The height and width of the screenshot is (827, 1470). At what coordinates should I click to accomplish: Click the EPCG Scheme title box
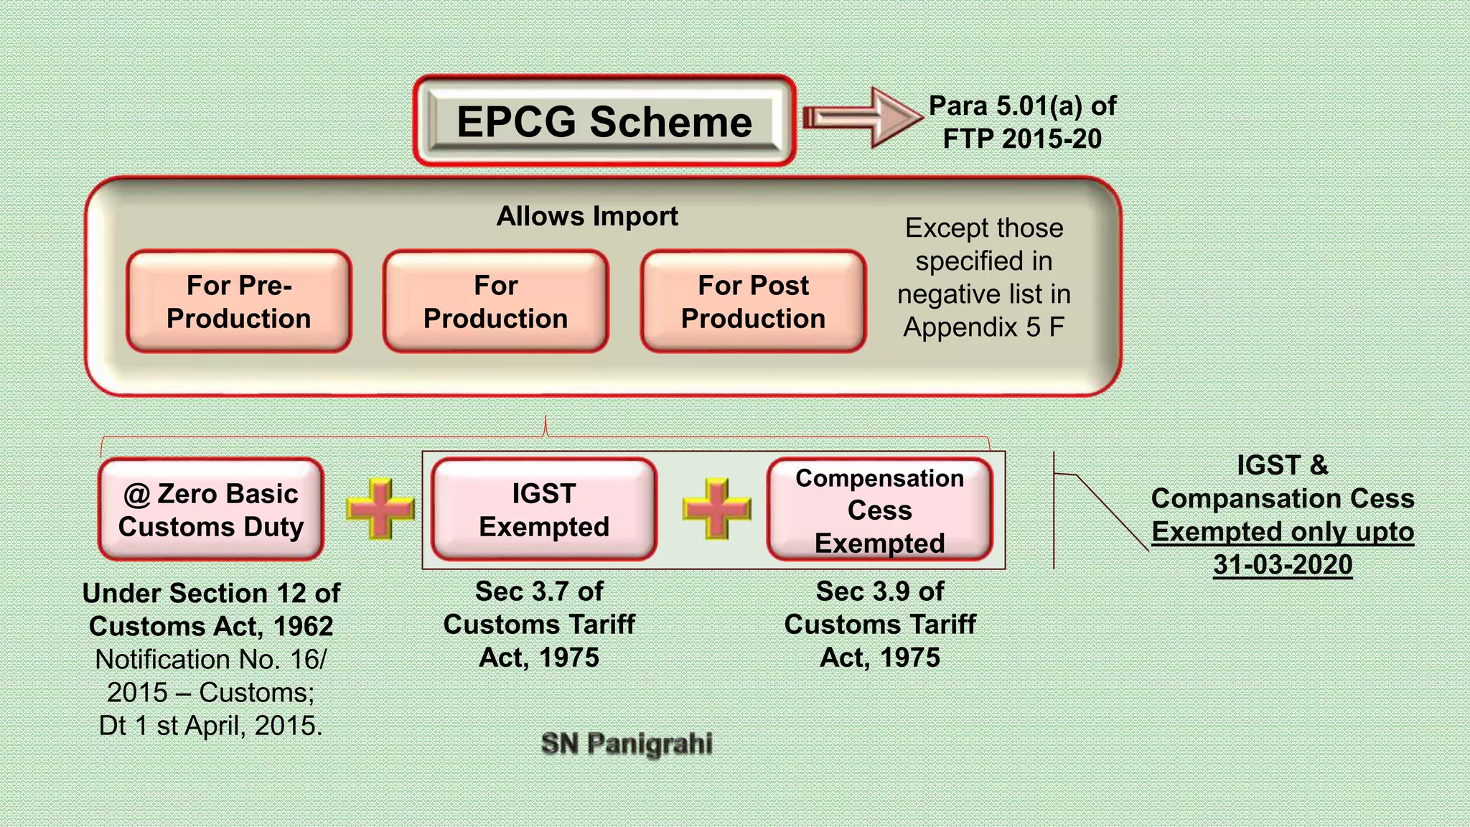tap(604, 121)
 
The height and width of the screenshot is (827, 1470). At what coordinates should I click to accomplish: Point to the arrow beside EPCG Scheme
tap(861, 118)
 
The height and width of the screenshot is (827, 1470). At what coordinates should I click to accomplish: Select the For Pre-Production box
tap(239, 302)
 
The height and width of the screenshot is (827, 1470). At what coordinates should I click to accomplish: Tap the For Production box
tap(495, 302)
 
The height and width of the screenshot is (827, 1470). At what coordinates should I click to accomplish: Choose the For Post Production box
tap(753, 302)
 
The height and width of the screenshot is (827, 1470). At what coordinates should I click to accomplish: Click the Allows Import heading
tap(587, 216)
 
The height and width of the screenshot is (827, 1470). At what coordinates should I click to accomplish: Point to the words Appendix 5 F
tap(983, 327)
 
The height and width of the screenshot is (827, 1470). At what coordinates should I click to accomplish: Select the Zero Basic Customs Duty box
tap(211, 510)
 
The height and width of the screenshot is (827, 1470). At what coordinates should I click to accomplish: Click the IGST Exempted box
tap(544, 510)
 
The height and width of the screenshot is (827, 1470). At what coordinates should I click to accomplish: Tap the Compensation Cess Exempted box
tap(879, 510)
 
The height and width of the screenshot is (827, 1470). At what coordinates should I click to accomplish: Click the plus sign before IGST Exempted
tap(380, 509)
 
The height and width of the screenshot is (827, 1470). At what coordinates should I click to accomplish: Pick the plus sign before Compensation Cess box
tap(716, 509)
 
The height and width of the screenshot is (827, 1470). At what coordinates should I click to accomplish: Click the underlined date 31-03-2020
tap(1283, 565)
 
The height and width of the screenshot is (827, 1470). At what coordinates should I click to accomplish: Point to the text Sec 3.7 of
tap(539, 592)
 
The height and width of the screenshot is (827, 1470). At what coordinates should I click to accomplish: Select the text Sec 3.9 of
tap(880, 592)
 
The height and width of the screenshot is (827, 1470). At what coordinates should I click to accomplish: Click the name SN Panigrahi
tap(627, 744)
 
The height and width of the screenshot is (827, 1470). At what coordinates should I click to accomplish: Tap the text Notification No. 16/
tap(211, 660)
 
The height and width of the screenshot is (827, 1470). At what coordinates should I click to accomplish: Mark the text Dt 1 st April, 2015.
tap(211, 726)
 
